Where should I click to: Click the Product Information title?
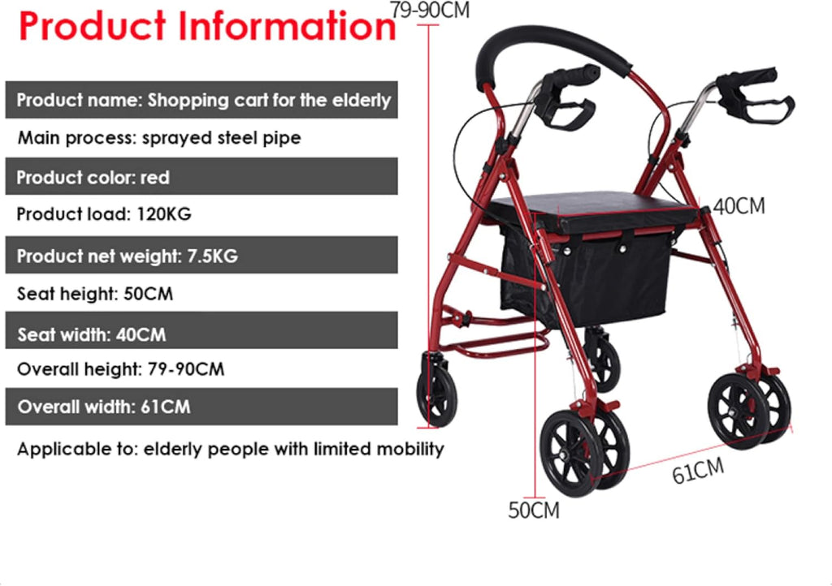click(x=206, y=26)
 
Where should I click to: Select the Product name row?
click(x=203, y=101)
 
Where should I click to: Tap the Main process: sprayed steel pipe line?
click(x=159, y=138)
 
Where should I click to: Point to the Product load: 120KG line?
click(x=105, y=215)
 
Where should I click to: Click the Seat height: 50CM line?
click(x=95, y=294)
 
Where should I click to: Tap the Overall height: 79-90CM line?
click(x=121, y=369)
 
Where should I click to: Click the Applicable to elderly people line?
click(x=231, y=449)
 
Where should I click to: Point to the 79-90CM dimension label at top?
click(x=430, y=11)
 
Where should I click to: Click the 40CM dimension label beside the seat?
click(x=739, y=206)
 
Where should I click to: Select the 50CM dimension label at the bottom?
click(x=534, y=511)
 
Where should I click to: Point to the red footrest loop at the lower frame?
click(x=487, y=345)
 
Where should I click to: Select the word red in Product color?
click(x=154, y=177)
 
